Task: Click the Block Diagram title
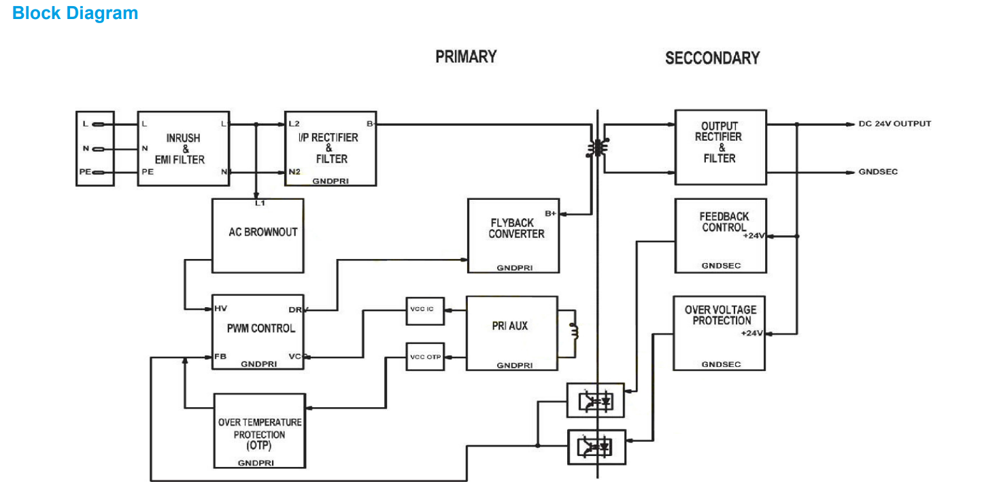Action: [x=75, y=13]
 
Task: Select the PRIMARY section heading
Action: [x=466, y=56]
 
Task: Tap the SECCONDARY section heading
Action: [x=712, y=58]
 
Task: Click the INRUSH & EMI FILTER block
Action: [x=184, y=148]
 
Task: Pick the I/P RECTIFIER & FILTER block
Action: [x=331, y=148]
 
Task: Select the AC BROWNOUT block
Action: [x=258, y=235]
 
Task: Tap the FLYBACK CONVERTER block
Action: [x=513, y=235]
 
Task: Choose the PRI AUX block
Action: [x=511, y=332]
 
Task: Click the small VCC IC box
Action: [x=424, y=309]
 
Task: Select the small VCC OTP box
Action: [x=424, y=356]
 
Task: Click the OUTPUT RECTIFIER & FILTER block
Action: [x=720, y=147]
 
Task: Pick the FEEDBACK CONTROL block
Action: [x=720, y=234]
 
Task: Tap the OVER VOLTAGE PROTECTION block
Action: [x=719, y=332]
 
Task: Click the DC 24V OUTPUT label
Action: [x=894, y=124]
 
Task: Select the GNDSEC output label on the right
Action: [x=878, y=172]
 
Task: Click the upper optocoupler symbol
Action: [x=595, y=400]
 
